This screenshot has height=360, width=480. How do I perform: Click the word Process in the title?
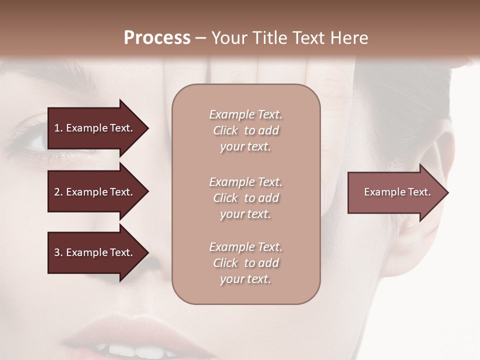tap(157, 38)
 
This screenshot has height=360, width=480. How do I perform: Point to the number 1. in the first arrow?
tap(58, 128)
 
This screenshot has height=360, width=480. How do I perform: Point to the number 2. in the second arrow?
tap(58, 192)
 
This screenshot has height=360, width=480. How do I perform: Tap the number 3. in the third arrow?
tap(58, 252)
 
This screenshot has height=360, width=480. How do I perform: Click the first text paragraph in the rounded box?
tap(245, 130)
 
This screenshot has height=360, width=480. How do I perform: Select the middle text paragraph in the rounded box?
tap(245, 198)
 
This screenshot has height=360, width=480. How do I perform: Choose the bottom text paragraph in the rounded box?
tap(245, 263)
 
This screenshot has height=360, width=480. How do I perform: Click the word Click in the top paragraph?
tap(225, 130)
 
